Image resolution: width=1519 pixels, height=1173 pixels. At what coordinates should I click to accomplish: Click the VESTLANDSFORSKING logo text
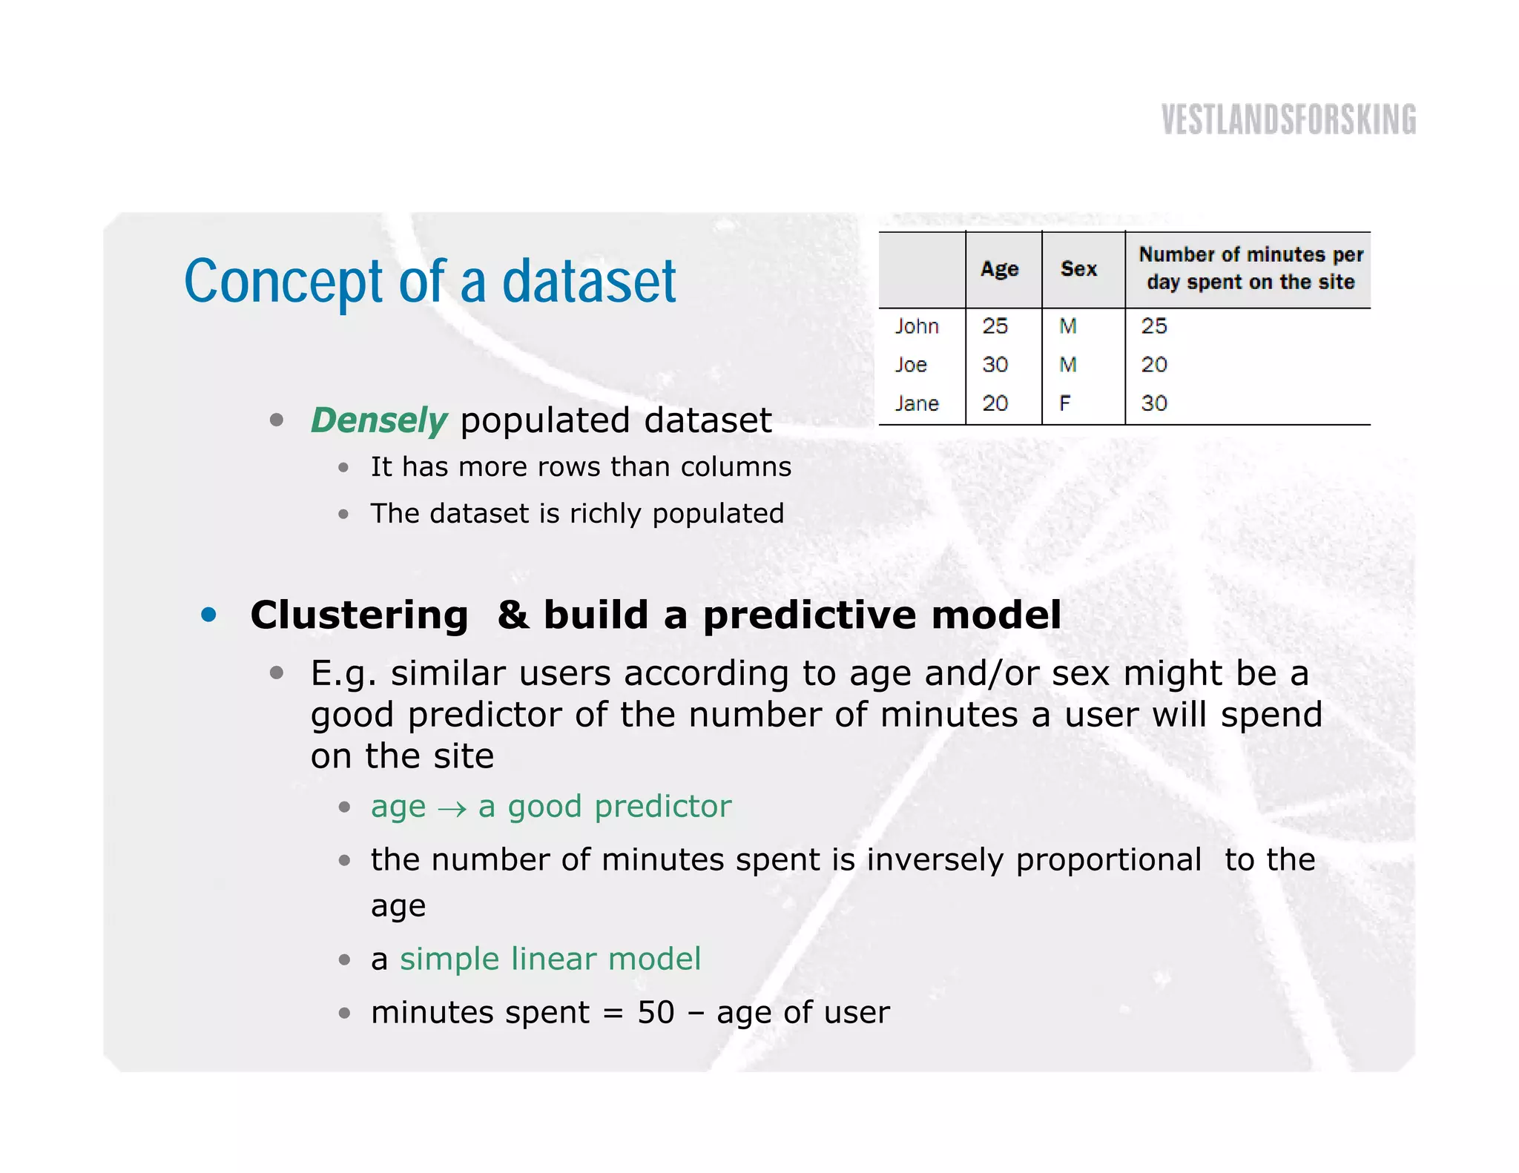tap(1288, 119)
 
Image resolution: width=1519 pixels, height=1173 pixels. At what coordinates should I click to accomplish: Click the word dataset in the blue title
tap(589, 282)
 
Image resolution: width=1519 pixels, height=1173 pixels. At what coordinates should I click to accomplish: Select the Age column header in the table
tap(999, 268)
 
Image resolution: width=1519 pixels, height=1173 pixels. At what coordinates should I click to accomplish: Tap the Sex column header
tap(1078, 268)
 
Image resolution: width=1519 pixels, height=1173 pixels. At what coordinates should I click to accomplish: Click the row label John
tap(917, 326)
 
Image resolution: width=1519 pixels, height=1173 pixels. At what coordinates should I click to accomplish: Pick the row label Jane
tap(917, 403)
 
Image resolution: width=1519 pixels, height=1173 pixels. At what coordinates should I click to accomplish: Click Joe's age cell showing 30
tap(995, 365)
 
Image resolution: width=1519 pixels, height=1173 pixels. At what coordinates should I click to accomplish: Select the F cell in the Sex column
tap(1065, 403)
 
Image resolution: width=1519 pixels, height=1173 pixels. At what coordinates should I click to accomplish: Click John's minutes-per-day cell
tap(1154, 326)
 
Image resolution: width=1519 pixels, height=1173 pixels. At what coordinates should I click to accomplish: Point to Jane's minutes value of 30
tap(1154, 403)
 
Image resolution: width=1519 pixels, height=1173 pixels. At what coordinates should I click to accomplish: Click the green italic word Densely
tap(378, 420)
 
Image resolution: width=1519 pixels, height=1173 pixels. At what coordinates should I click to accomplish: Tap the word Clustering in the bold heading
tap(359, 615)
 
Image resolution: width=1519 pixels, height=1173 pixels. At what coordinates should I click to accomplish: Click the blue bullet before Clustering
tap(209, 615)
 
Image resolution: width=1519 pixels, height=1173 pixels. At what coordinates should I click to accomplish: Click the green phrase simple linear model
tap(550, 959)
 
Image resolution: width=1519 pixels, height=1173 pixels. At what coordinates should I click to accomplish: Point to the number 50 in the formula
tap(656, 1013)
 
